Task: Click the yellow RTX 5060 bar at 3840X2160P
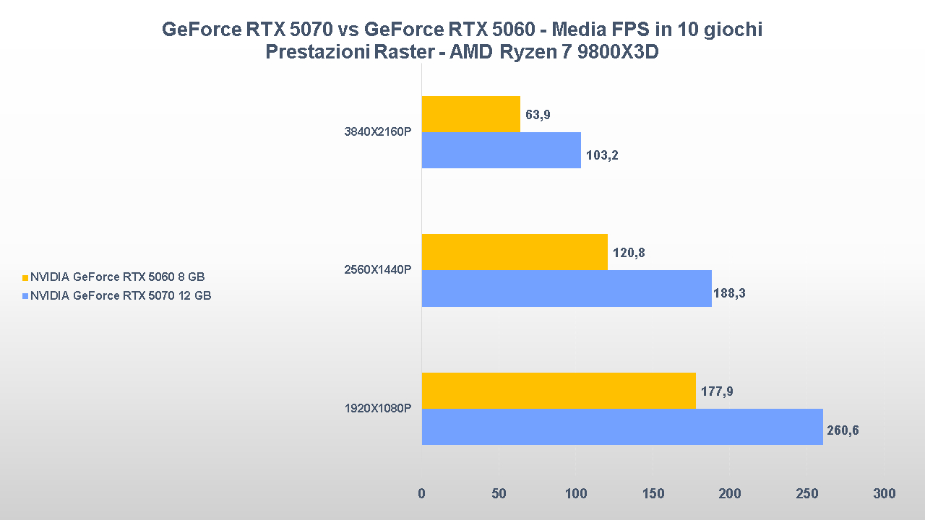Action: (x=470, y=114)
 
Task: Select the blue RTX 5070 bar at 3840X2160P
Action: (x=501, y=150)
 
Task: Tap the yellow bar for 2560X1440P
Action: (x=515, y=252)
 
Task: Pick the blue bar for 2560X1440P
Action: (x=567, y=288)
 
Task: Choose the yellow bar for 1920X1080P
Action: (x=559, y=391)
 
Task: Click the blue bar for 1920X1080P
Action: (x=622, y=427)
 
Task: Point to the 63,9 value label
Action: (x=538, y=115)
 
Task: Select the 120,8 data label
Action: (x=628, y=253)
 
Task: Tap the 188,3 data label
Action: (x=732, y=294)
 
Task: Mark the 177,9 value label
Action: (x=716, y=391)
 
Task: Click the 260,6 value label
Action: (x=843, y=431)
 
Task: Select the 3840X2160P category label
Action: (x=378, y=132)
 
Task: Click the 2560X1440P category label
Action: (x=378, y=270)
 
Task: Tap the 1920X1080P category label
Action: (x=378, y=409)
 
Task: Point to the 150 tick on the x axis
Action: (x=653, y=494)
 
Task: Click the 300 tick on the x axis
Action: (x=884, y=494)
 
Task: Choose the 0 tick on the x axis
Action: (x=421, y=494)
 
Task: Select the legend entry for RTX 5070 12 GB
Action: (x=120, y=295)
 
